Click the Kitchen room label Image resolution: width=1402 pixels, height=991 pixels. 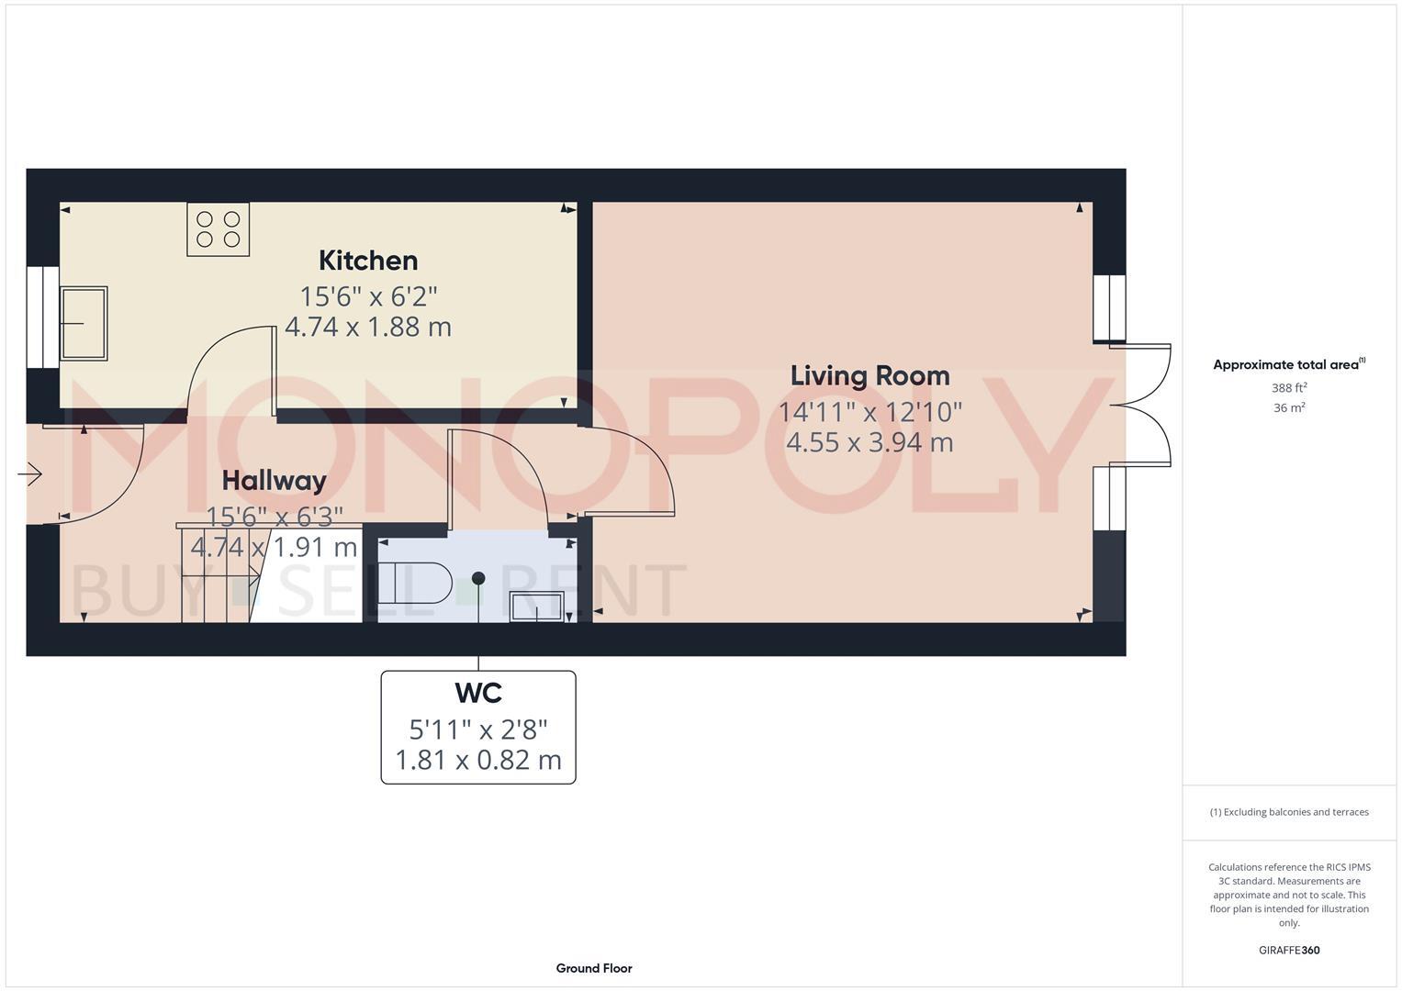[368, 261]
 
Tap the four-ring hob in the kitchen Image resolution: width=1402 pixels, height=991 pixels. [218, 229]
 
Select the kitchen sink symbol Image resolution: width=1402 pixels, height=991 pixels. [84, 323]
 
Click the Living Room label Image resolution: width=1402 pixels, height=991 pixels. [869, 376]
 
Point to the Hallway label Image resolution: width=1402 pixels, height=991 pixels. [274, 481]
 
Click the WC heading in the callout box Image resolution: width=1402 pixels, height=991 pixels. [478, 694]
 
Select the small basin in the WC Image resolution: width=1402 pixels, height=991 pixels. [537, 607]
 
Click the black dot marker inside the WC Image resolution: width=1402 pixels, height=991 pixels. [478, 578]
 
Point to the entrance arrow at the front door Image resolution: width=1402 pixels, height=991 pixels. [30, 474]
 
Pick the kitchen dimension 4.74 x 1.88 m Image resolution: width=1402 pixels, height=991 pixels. [368, 328]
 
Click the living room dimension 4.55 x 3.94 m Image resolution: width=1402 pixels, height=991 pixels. [869, 442]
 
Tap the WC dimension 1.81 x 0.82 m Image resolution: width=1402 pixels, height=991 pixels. [478, 761]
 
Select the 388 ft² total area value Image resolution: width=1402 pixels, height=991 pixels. [1289, 388]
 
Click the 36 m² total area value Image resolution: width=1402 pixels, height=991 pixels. [1289, 408]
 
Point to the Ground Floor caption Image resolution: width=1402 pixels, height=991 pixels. [594, 968]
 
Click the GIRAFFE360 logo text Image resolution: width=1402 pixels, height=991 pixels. [1289, 951]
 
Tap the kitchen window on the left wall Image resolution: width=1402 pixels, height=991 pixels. [42, 317]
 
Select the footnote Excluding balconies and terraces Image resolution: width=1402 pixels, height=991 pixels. [1289, 812]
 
